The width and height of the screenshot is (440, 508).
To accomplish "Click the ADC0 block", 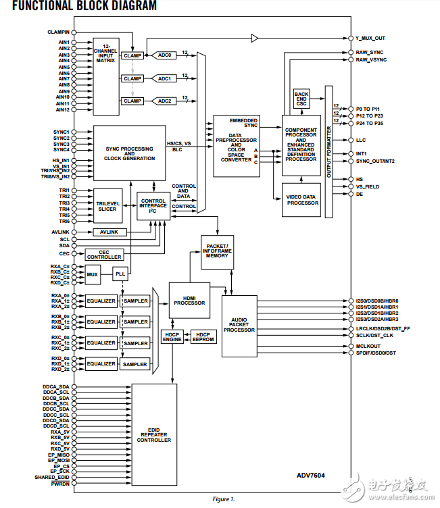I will click(165, 56).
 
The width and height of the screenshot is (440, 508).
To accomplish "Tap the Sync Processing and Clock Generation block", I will click(129, 153).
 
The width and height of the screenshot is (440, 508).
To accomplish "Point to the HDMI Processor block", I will click(189, 300).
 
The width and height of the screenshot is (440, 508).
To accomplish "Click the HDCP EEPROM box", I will click(203, 335).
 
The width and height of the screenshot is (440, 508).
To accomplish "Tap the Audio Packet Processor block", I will click(239, 326).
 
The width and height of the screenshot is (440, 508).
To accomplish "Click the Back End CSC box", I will click(301, 99).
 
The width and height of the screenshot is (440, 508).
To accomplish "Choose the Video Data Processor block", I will click(302, 200).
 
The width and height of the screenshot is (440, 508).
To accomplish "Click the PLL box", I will click(120, 274).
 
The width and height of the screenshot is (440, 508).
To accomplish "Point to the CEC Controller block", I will click(104, 255).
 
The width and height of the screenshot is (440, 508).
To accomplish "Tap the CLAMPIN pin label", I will click(58, 32).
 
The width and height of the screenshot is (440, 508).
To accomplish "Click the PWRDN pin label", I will click(60, 484).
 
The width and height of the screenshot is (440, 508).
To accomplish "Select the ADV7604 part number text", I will click(310, 475).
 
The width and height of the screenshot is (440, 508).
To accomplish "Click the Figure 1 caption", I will click(224, 499).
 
